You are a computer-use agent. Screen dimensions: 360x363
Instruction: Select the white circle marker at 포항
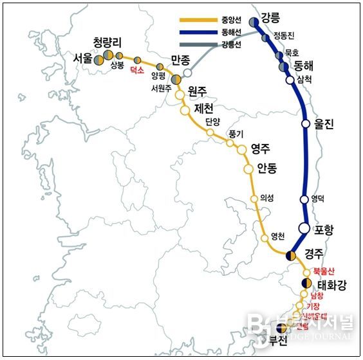click(304, 228)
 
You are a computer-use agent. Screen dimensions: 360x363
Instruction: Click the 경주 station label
click(313, 252)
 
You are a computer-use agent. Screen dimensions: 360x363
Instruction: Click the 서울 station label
click(83, 59)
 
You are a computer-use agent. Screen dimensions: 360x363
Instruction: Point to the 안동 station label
click(266, 168)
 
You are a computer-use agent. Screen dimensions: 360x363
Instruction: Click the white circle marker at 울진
click(306, 125)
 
